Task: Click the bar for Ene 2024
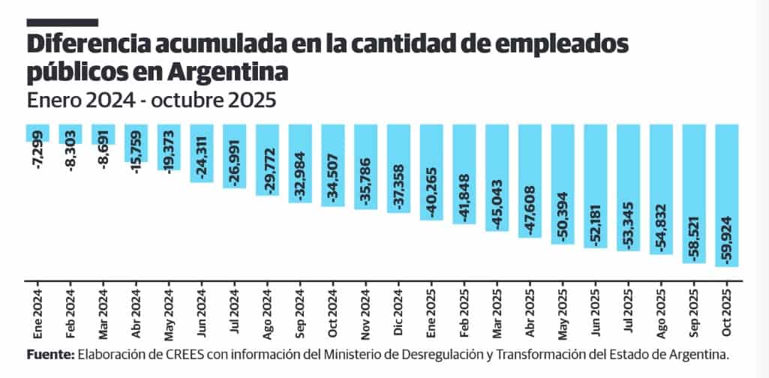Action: [x=38, y=133]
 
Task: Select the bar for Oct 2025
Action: [x=727, y=195]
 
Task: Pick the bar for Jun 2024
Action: [x=202, y=153]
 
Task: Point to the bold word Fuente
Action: [x=49, y=353]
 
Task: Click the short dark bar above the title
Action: [x=62, y=22]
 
